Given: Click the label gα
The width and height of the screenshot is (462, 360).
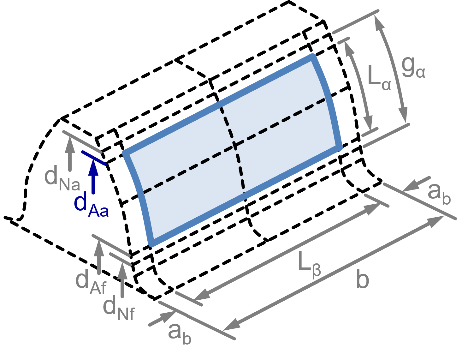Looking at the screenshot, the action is [413, 69].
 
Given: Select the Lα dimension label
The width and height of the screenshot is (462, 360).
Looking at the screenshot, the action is [379, 78].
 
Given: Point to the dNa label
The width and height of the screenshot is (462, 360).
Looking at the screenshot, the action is [62, 178].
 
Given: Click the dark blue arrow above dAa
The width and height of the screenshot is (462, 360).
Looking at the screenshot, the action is [93, 176].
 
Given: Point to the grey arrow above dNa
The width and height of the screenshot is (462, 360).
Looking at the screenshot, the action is [69, 153].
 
